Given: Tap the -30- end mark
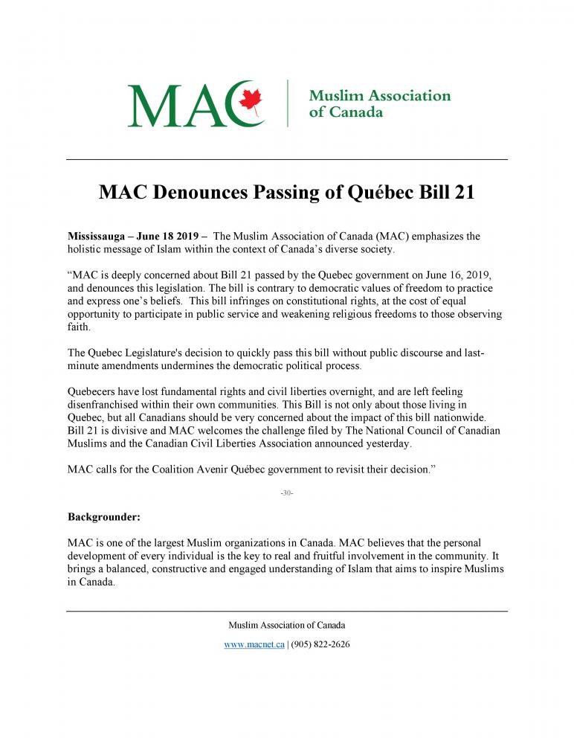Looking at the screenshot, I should [x=286, y=493].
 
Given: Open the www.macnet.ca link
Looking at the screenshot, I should [x=254, y=644].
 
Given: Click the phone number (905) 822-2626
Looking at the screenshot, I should [x=320, y=644].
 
